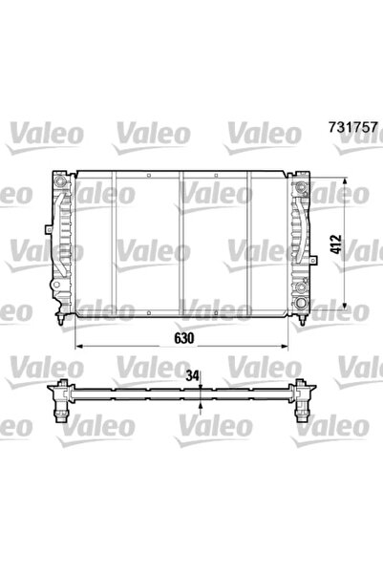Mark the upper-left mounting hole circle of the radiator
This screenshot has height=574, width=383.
[x=59, y=181]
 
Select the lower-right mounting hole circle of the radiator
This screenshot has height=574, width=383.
[x=304, y=303]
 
